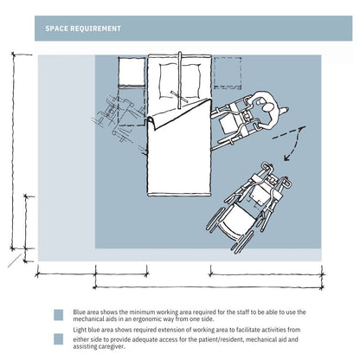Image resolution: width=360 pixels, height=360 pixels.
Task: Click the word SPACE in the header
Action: click(x=56, y=29)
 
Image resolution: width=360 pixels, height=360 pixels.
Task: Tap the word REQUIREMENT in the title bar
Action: click(x=96, y=29)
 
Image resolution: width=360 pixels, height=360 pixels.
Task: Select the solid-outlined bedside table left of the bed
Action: click(x=132, y=72)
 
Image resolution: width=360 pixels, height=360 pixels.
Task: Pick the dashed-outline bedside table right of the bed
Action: click(x=228, y=73)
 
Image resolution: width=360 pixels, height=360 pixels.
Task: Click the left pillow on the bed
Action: click(x=169, y=81)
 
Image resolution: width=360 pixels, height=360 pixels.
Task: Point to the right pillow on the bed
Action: click(x=190, y=81)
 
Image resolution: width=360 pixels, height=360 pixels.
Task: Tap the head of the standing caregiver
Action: click(x=268, y=107)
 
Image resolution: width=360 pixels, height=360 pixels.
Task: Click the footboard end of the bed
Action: click(x=179, y=195)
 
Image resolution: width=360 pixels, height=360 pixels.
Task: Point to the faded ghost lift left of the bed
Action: click(x=119, y=119)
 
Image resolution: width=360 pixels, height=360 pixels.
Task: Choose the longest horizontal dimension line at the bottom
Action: click(x=208, y=287)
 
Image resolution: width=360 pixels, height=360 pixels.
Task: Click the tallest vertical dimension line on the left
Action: click(x=13, y=151)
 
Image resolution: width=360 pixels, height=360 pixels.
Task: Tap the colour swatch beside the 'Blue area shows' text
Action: click(x=59, y=315)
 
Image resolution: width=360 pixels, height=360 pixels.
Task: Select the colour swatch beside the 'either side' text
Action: click(x=59, y=339)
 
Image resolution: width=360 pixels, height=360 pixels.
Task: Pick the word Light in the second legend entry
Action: click(x=79, y=330)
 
